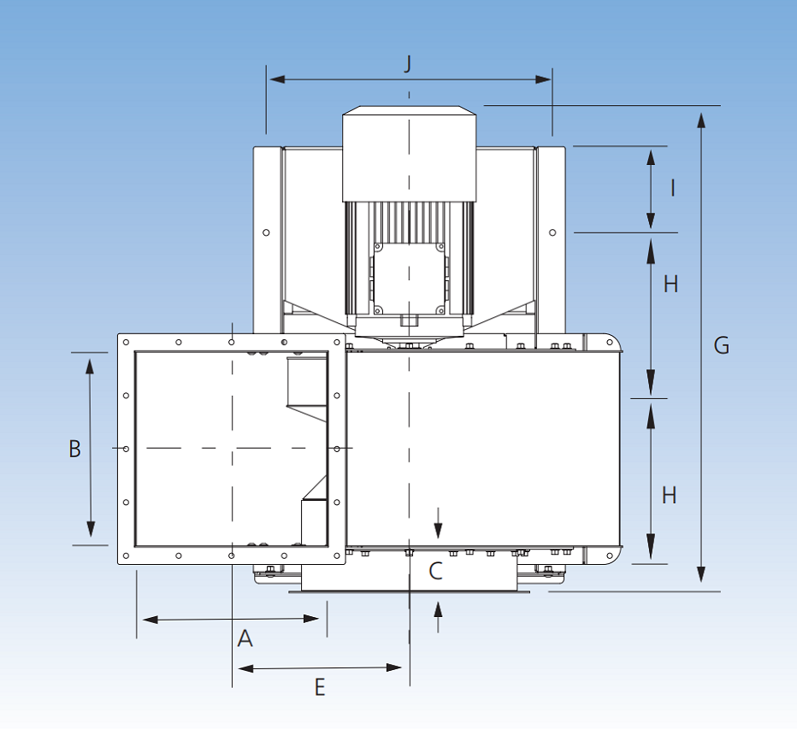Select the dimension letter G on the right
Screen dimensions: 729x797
click(x=722, y=345)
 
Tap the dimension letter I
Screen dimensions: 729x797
click(x=672, y=188)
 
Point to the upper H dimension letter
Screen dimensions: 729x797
click(x=670, y=284)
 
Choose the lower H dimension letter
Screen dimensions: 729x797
click(x=670, y=495)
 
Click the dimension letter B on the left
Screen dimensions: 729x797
click(x=75, y=449)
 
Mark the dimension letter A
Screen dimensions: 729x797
click(x=245, y=638)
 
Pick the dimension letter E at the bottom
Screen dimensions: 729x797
click(x=320, y=687)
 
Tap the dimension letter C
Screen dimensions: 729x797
click(x=435, y=571)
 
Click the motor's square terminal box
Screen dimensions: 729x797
click(x=409, y=277)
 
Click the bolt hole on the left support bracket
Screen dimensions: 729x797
click(x=266, y=232)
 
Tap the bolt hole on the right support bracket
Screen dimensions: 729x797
click(x=552, y=232)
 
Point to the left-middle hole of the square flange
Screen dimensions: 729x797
click(x=126, y=449)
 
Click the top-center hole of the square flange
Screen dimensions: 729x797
click(x=232, y=342)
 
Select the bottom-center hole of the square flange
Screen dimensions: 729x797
click(x=232, y=556)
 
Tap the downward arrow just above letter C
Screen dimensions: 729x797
click(x=438, y=530)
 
